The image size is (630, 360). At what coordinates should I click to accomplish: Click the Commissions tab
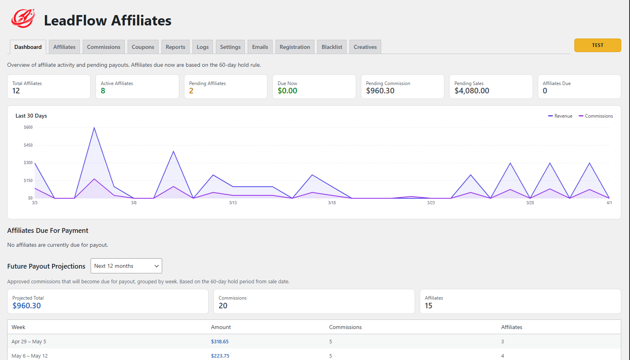(103, 47)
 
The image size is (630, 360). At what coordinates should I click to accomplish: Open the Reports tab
(175, 47)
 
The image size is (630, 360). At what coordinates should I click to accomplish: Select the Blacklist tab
(331, 47)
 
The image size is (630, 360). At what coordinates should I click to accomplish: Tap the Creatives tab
(365, 47)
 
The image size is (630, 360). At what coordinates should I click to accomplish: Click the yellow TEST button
(597, 45)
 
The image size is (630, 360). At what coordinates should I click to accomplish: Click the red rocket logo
(23, 18)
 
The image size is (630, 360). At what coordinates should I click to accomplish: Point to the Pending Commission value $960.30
(380, 91)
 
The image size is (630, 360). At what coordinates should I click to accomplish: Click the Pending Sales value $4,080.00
(471, 91)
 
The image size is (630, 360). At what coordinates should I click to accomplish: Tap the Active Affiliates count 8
(103, 91)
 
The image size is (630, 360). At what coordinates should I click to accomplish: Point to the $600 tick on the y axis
(28, 128)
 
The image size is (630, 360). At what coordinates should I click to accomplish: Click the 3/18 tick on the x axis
(332, 203)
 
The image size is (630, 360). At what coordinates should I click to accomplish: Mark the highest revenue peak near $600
(94, 128)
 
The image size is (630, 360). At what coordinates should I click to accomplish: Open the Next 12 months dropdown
(126, 266)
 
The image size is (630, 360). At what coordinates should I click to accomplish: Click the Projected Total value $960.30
(27, 306)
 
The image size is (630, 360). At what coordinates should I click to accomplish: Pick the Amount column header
(221, 327)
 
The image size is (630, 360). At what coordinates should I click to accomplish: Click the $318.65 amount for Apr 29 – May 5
(220, 342)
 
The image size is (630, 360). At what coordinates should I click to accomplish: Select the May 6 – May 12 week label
(29, 356)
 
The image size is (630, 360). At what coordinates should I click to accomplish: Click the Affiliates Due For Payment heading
(48, 230)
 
